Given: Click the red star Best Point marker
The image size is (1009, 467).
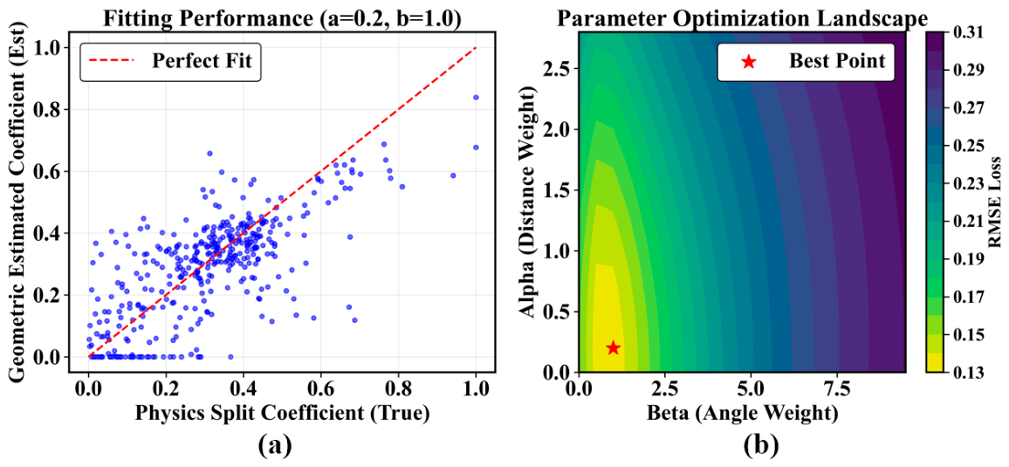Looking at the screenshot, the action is coord(614,347).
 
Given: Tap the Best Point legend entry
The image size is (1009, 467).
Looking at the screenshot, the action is coord(805,62).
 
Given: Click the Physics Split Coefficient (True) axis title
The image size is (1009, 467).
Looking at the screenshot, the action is coord(282,414).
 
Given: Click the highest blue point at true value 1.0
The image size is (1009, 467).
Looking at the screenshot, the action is coord(476,97).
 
